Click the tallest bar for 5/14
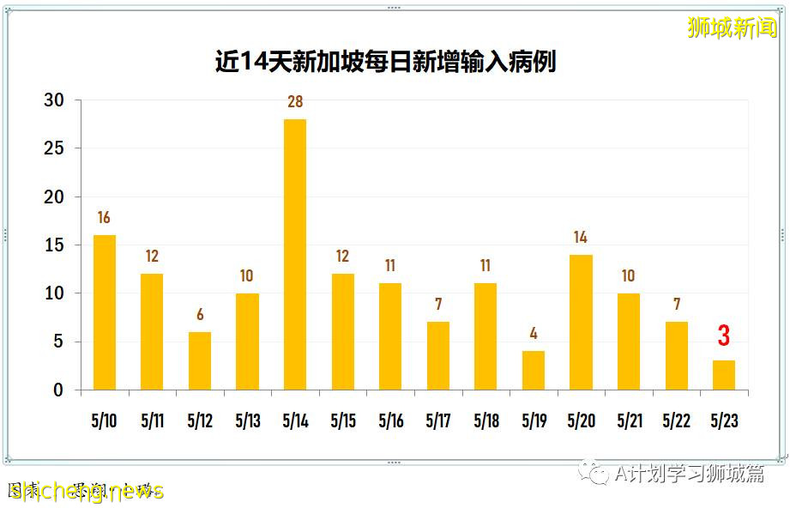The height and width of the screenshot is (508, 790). point(295,254)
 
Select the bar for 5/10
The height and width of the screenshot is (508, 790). point(104,312)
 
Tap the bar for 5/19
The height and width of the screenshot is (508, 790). point(534,370)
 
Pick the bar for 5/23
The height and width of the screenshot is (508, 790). point(724,375)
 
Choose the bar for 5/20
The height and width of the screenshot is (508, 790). point(581,322)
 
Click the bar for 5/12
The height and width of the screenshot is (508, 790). point(199,360)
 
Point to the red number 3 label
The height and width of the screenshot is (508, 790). point(724,336)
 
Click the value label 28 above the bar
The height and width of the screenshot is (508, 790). point(295,102)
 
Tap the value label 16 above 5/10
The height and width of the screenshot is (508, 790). point(104,218)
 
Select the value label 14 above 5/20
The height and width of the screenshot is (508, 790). point(581,238)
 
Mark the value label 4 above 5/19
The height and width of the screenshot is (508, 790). point(534,334)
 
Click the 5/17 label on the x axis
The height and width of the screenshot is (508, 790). point(437,422)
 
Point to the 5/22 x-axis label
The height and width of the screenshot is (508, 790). point(676,422)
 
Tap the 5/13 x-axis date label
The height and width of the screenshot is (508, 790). point(247,422)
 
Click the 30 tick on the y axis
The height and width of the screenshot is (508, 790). point(54,100)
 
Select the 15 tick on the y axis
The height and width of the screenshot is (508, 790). point(54,245)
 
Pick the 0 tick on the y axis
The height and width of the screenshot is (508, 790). point(58,390)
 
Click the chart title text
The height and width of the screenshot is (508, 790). point(385,63)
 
